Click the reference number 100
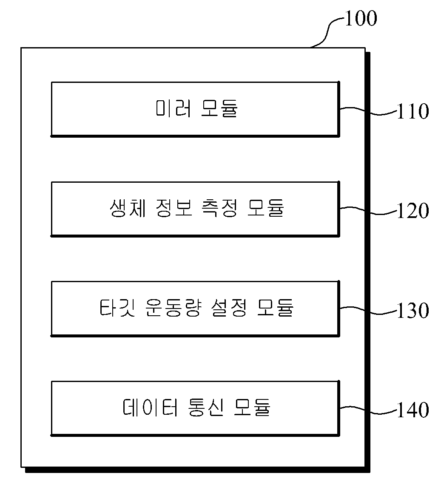click(x=361, y=19)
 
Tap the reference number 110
click(x=413, y=111)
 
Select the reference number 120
click(x=413, y=211)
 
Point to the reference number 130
click(x=413, y=311)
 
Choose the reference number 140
click(x=413, y=410)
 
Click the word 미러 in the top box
click(x=173, y=108)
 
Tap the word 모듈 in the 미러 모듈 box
click(x=219, y=108)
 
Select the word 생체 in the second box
click(x=128, y=208)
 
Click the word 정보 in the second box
click(x=174, y=208)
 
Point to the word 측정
click(x=219, y=208)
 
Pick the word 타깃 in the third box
click(x=117, y=308)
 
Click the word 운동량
click(x=173, y=308)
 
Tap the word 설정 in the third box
click(x=229, y=308)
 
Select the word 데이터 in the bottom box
click(x=151, y=408)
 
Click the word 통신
click(x=206, y=408)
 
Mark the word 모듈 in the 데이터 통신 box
click(x=252, y=408)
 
